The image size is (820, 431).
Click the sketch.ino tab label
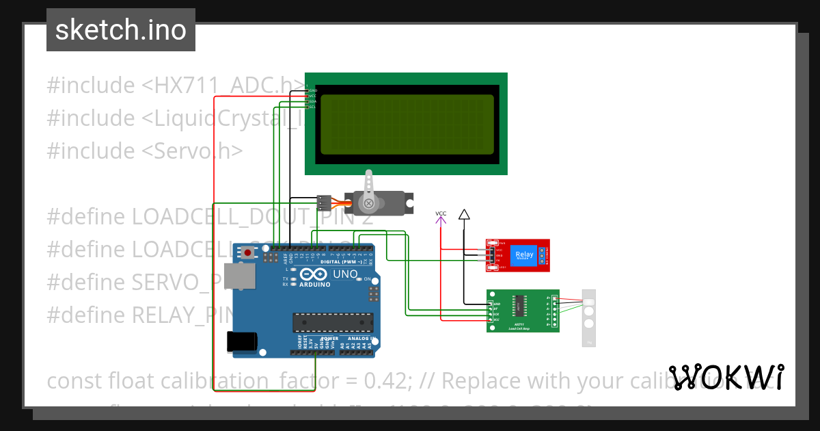pyautogui.click(x=120, y=30)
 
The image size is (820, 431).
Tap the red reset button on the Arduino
pyautogui.click(x=247, y=252)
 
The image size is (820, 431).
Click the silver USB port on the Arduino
pyautogui.click(x=243, y=277)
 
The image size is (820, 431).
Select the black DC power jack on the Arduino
pyautogui.click(x=242, y=340)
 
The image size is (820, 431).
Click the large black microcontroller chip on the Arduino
pyautogui.click(x=333, y=322)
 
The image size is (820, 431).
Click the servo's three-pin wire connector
pyautogui.click(x=325, y=203)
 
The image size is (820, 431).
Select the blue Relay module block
pyautogui.click(x=525, y=254)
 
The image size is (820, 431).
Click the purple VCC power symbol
pyautogui.click(x=441, y=215)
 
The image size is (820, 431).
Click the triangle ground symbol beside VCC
pyautogui.click(x=464, y=215)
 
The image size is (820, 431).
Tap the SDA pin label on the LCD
pyautogui.click(x=312, y=101)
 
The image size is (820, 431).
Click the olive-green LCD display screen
pyautogui.click(x=407, y=125)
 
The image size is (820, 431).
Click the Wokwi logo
pyautogui.click(x=726, y=378)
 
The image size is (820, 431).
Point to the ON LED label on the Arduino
pyautogui.click(x=368, y=280)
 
